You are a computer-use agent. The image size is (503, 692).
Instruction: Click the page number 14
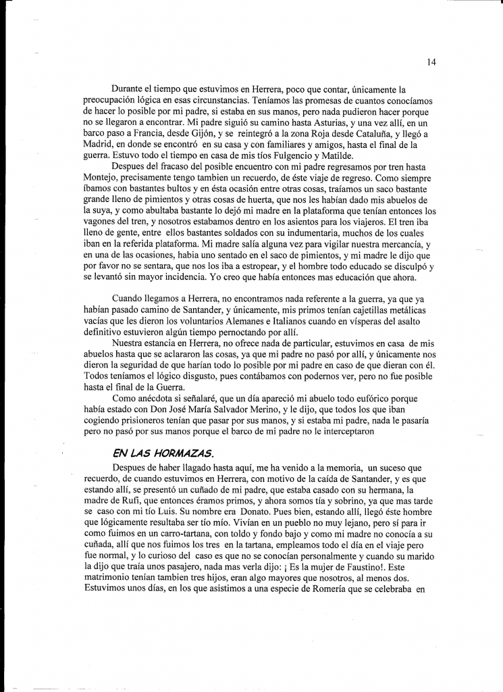tap(431, 62)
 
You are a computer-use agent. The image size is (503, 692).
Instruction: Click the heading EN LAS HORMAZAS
tap(154, 451)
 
